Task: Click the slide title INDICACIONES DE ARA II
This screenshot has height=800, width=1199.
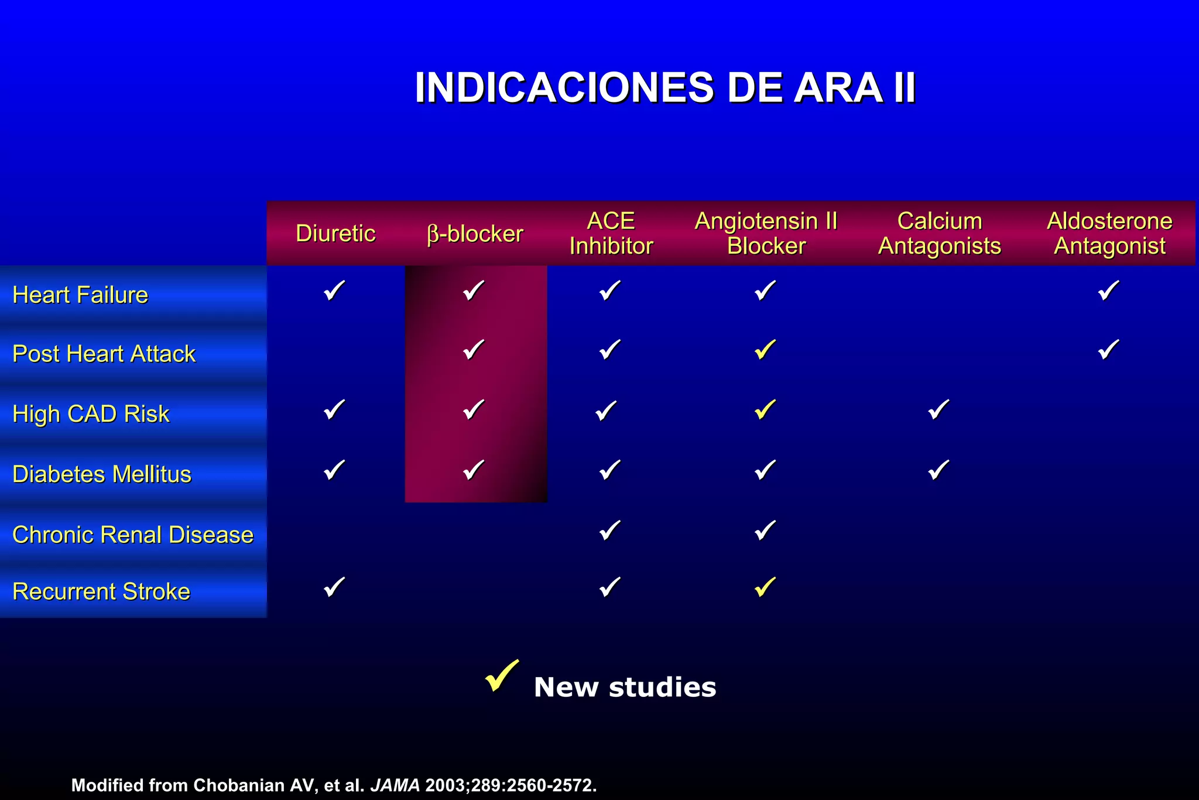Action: coord(664,88)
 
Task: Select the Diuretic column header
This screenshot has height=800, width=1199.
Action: coord(335,234)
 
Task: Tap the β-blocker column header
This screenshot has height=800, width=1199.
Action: coord(475,234)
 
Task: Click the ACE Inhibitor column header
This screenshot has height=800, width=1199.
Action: coord(611,234)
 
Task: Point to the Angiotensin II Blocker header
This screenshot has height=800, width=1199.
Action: coord(766,234)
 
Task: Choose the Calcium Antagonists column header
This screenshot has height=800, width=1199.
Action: coord(939,234)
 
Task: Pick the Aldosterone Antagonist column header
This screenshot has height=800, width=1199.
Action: coord(1109,234)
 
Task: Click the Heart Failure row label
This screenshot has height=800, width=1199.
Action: coord(80,295)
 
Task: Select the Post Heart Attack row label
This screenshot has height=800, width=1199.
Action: coord(104,354)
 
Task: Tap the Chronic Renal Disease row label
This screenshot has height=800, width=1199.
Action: coord(133,535)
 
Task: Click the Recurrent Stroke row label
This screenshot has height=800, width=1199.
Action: coord(101,592)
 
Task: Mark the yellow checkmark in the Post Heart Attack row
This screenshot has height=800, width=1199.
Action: coord(765,350)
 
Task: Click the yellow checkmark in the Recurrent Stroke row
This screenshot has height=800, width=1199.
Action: coord(765,587)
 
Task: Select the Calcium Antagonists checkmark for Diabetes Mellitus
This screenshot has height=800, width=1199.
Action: coord(938,470)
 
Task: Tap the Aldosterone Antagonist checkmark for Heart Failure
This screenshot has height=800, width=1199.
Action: coord(1108,290)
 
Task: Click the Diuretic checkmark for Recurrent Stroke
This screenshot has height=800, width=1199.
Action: coord(334,587)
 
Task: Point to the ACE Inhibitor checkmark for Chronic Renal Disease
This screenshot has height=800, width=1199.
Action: coord(609,530)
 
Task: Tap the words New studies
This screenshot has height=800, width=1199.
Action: coord(625,687)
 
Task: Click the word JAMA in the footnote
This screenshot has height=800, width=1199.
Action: coord(395,785)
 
